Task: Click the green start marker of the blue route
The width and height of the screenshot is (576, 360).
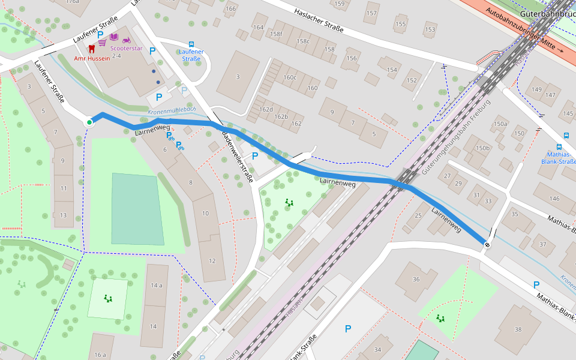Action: point(89,122)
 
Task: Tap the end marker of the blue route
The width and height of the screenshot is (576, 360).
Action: point(487,244)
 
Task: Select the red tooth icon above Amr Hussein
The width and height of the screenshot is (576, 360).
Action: point(91,48)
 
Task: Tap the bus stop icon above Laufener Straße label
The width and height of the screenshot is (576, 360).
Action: point(191,44)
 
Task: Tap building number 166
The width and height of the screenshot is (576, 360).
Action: point(230,8)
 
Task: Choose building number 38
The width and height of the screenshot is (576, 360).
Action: point(518,329)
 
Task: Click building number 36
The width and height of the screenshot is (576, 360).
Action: point(416,280)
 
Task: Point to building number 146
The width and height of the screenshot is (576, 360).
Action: point(554,199)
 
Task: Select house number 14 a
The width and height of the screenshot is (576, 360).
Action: point(157,285)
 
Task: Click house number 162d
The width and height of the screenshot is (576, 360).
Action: point(265,109)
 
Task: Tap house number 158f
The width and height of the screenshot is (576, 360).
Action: point(276,34)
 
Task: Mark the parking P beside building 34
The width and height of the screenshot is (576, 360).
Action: point(347,328)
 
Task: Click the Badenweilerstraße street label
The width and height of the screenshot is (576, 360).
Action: point(239,156)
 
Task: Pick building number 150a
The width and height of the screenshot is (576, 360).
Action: point(500,124)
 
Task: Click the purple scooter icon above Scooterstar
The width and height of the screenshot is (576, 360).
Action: point(127,39)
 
